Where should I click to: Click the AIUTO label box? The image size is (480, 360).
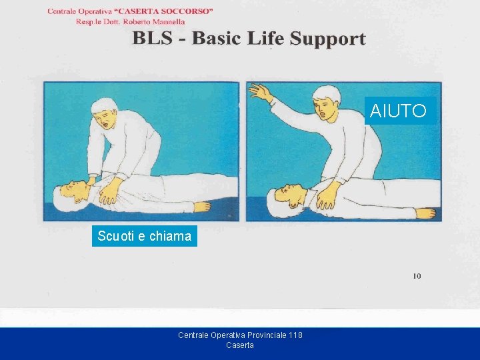(x=398, y=111)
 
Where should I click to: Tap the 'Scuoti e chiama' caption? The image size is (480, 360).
(x=144, y=236)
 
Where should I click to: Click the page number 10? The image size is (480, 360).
(x=417, y=276)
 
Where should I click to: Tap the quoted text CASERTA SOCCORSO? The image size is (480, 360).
(x=166, y=11)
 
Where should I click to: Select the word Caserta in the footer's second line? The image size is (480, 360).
(x=240, y=345)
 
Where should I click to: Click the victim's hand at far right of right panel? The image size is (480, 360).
(x=425, y=213)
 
